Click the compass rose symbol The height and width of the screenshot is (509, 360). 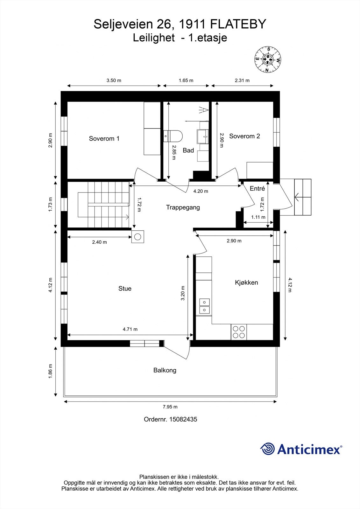[x=267, y=59]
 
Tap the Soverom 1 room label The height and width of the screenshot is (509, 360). [x=104, y=138]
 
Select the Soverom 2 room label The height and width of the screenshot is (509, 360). [x=244, y=136]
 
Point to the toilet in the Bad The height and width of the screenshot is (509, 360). [x=173, y=136]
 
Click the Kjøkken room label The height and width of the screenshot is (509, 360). [x=246, y=282]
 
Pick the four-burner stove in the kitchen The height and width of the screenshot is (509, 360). [x=239, y=332]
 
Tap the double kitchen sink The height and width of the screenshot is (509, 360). [x=204, y=306]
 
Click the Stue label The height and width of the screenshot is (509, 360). [x=125, y=288]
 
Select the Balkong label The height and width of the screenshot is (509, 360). [x=165, y=370]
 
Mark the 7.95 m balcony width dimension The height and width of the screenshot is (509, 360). [x=170, y=407]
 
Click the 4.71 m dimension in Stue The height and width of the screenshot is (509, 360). [x=130, y=329]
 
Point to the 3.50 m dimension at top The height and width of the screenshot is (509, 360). [x=114, y=80]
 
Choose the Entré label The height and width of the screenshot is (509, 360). [x=257, y=188]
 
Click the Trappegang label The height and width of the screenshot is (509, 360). [x=183, y=207]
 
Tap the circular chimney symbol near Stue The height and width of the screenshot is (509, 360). [x=138, y=237]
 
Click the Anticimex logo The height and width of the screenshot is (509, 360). [x=301, y=449]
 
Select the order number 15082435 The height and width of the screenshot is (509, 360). [x=183, y=419]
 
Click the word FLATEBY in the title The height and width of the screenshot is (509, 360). [x=238, y=24]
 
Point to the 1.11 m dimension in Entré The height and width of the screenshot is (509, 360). [x=258, y=217]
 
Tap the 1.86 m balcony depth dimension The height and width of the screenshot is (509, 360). [x=50, y=371]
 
